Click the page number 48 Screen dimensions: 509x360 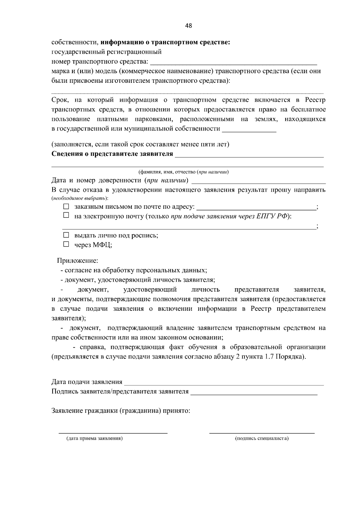pos(188,26)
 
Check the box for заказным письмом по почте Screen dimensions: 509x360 pos(66,207)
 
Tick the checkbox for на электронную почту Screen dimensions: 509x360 pos(66,215)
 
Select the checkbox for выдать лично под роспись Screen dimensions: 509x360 pos(66,235)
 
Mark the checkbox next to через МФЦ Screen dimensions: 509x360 pos(66,244)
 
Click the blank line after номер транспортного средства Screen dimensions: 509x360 pos(233,63)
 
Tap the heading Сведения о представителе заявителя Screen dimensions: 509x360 pos(112,154)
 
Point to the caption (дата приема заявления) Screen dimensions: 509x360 pos(94,439)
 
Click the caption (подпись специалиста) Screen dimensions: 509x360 pos(262,439)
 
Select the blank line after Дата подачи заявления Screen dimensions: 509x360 pos(224,383)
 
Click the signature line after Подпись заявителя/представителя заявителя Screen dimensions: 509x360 pos(254,393)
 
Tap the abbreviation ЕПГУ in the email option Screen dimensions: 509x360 pos(265,216)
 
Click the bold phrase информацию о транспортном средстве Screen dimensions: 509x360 pos(165,42)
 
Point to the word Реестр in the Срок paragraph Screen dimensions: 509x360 pos(315,100)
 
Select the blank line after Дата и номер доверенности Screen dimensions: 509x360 pos(259,181)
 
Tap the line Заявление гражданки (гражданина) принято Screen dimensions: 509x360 pos(121,411)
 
